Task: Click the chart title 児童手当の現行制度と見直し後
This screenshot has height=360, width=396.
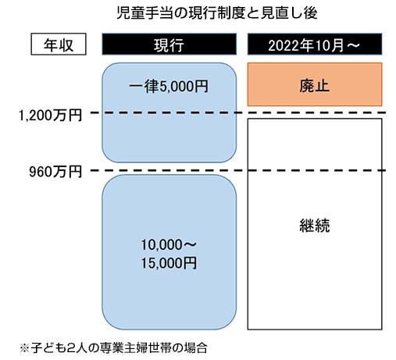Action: click(216, 13)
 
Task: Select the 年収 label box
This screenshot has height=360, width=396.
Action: click(59, 44)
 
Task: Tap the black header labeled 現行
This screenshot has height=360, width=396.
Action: click(169, 44)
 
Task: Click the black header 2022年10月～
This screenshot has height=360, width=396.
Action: click(315, 44)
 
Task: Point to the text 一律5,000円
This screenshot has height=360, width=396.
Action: click(169, 86)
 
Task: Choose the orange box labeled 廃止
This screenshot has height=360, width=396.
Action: click(315, 84)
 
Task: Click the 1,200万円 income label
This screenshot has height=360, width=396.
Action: click(50, 115)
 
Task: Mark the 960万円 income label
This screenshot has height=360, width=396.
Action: click(55, 171)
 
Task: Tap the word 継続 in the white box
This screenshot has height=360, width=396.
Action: click(315, 226)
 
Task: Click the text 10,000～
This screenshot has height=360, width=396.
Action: click(169, 244)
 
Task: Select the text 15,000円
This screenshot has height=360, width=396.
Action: click(169, 263)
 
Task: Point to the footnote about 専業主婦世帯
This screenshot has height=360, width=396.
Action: click(113, 348)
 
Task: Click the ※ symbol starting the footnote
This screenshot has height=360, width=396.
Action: click(25, 348)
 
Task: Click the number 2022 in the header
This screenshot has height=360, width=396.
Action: click(284, 45)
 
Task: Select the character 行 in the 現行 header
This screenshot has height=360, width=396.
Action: click(177, 45)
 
